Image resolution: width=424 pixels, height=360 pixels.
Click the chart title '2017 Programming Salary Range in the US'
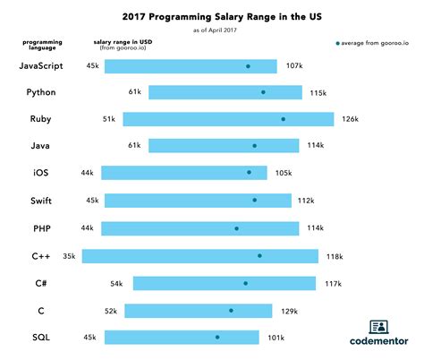pos(211,17)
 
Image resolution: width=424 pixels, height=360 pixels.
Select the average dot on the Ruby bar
pos(283,119)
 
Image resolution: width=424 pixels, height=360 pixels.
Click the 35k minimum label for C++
pos(70,256)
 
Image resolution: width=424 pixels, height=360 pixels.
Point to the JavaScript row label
pos(46,66)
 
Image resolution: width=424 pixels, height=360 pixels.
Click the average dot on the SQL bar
pos(216,338)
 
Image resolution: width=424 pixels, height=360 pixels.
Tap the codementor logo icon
pos(378,327)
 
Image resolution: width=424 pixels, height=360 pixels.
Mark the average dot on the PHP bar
pos(236,228)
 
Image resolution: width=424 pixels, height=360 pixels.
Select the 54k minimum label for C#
pos(117,283)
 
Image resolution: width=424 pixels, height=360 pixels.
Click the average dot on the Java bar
pos(254,146)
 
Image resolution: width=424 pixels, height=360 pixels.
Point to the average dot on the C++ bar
pos(259,256)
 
